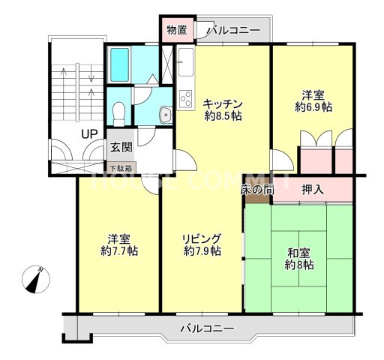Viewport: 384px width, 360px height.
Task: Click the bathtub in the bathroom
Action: (x=120, y=65)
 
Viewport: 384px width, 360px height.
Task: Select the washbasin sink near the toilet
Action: (x=166, y=115)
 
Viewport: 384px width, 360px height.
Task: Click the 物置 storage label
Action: (x=177, y=31)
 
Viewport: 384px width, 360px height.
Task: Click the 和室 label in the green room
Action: (x=299, y=252)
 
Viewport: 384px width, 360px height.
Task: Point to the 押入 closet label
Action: (x=313, y=189)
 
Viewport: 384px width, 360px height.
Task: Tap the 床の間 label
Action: (x=256, y=190)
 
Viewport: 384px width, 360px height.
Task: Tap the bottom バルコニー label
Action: (x=206, y=328)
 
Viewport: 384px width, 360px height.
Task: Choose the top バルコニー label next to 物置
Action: (x=233, y=31)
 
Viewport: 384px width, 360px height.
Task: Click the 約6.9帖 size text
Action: (x=313, y=108)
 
